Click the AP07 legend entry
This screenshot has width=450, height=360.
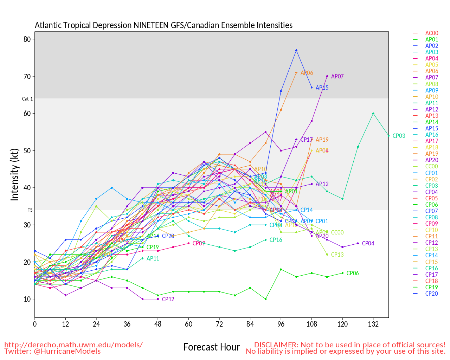431,77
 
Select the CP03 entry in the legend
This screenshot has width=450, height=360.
431,186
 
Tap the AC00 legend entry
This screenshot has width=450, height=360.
431,33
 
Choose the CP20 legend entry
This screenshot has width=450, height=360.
431,294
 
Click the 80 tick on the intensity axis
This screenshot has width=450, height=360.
27,39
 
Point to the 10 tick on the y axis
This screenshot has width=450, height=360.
27,299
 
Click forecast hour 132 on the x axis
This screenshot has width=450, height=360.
373,324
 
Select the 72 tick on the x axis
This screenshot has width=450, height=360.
219,324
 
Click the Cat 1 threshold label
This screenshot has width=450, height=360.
27,99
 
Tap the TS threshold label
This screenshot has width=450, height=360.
30,210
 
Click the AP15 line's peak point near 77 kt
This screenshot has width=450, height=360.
296,50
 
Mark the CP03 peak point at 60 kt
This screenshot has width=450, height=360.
373,114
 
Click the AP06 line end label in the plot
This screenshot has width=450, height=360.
307,73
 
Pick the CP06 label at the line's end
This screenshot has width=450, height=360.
353,273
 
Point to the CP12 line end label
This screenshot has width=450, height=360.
168,300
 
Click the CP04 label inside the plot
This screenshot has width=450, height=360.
368,243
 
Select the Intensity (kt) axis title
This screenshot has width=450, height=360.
14,175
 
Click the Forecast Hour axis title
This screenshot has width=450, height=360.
211,347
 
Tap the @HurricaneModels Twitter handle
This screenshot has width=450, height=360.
67,351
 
